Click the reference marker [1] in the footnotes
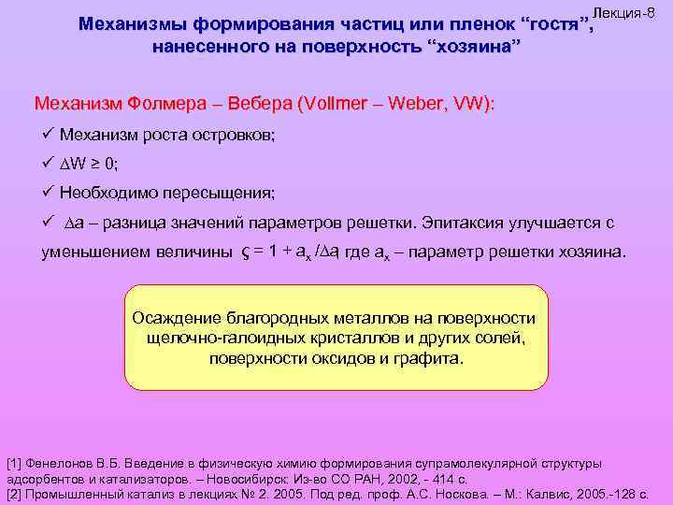click(x=15, y=463)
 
